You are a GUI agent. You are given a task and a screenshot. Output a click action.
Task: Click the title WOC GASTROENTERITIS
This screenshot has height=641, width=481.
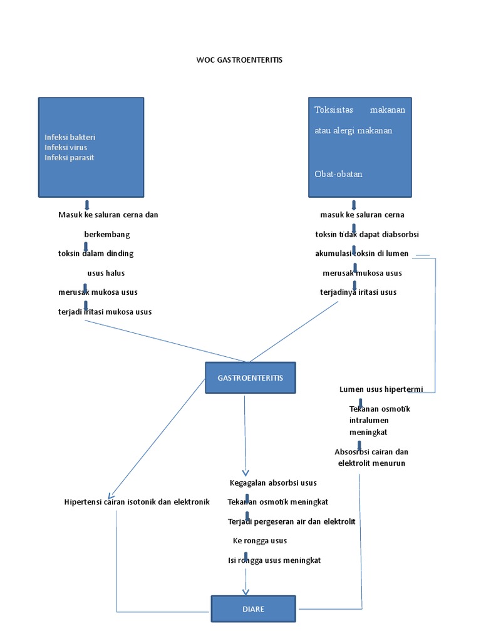click(240, 60)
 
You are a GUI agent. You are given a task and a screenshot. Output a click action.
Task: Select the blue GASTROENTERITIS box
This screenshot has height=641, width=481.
click(251, 378)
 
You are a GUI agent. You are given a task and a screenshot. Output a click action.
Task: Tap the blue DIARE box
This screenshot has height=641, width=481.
click(253, 609)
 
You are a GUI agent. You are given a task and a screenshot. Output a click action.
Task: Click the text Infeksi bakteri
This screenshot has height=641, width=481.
click(70, 137)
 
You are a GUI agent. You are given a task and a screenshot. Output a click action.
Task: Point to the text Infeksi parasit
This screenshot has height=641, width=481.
click(69, 158)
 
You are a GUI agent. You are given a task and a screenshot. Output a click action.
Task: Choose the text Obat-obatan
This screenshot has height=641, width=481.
click(338, 174)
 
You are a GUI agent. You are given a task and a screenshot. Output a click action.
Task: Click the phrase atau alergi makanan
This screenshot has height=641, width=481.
click(353, 131)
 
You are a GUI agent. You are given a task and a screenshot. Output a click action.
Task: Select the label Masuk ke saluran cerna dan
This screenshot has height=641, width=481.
click(108, 215)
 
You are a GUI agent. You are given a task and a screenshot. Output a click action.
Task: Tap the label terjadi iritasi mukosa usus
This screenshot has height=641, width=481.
click(105, 312)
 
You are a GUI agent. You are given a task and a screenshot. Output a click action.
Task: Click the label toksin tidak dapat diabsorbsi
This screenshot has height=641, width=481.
click(367, 234)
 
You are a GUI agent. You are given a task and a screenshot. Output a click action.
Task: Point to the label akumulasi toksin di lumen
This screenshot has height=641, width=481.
click(361, 254)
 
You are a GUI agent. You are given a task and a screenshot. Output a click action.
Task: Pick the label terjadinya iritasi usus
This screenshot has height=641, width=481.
click(358, 292)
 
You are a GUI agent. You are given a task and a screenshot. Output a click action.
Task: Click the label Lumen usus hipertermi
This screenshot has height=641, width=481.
click(381, 389)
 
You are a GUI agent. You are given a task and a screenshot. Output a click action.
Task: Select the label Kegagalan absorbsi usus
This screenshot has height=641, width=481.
click(273, 483)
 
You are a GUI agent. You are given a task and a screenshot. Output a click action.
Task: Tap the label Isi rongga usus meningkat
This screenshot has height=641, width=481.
click(274, 560)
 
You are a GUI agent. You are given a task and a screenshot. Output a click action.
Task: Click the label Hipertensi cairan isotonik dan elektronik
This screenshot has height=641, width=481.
click(137, 502)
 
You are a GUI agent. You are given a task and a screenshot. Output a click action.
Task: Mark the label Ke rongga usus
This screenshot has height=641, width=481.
click(260, 541)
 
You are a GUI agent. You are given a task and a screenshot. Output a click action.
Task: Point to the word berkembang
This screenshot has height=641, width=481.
click(107, 234)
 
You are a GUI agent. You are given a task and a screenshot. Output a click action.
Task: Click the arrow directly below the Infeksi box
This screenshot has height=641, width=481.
click(86, 205)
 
